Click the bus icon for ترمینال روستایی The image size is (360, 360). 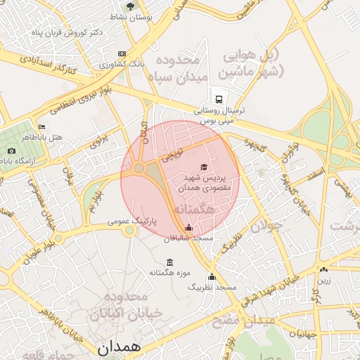click(219, 99)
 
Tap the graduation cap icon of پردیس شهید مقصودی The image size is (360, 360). click(204, 167)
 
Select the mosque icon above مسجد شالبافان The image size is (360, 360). click(188, 227)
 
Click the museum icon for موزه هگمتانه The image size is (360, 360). click(169, 262)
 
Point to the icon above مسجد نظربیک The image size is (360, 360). click(212, 276)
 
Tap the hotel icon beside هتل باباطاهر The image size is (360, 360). click(41, 127)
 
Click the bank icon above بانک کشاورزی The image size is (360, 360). click(122, 53)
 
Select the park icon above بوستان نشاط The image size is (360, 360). click(131, 4)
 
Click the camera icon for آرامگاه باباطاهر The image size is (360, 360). click(11, 150)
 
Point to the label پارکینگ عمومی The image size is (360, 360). click(131, 221)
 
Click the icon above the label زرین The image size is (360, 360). click(323, 269)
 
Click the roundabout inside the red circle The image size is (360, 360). click(139, 168)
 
